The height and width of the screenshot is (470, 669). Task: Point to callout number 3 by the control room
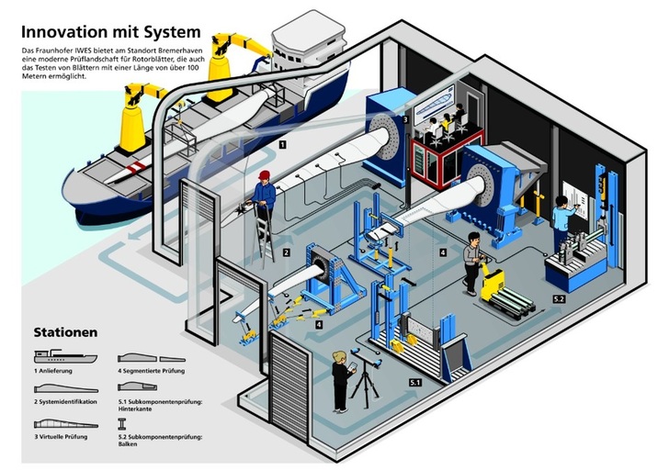(x=405, y=120)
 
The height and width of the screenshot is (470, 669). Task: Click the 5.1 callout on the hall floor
(x=415, y=380)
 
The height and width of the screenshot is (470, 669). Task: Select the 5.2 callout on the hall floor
(x=558, y=298)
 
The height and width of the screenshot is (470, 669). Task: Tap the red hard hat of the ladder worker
(x=264, y=173)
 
